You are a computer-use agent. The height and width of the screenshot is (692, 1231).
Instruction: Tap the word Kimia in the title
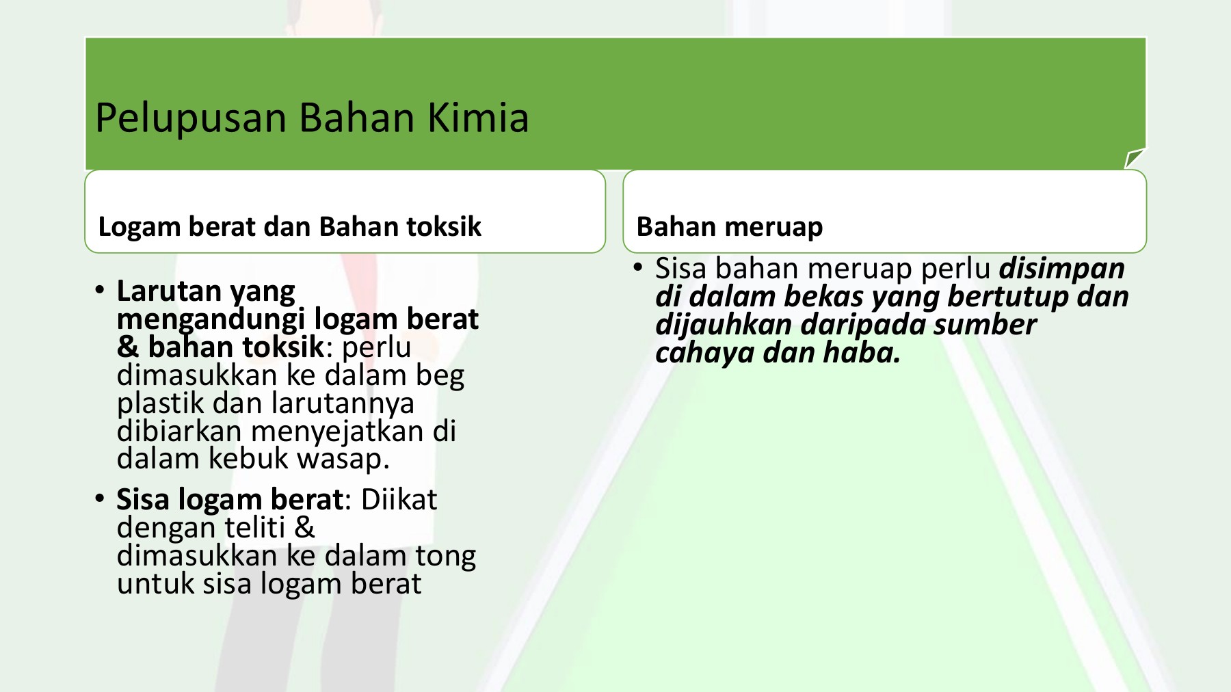tap(478, 117)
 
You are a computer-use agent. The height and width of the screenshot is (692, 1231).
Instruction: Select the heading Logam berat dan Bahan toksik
tap(290, 227)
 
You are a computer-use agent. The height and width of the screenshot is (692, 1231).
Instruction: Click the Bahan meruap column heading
tap(729, 227)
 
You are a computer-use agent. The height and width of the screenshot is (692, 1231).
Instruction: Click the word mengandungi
tap(211, 320)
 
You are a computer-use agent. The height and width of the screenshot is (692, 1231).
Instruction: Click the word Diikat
tap(399, 500)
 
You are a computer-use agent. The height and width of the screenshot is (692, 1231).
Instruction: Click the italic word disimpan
tap(1061, 269)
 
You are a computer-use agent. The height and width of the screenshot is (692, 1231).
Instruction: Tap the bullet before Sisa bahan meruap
tap(638, 267)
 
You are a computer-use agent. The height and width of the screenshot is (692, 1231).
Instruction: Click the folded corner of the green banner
tap(1134, 159)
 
